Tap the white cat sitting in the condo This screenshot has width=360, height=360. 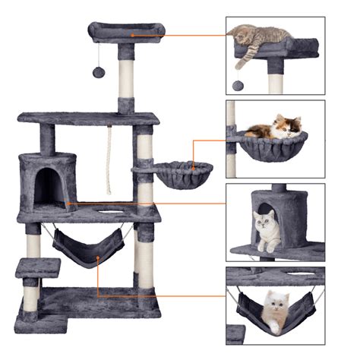267,229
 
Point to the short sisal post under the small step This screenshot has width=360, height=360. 31,292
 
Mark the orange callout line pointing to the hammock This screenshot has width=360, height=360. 152,296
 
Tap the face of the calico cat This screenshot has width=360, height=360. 291,127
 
